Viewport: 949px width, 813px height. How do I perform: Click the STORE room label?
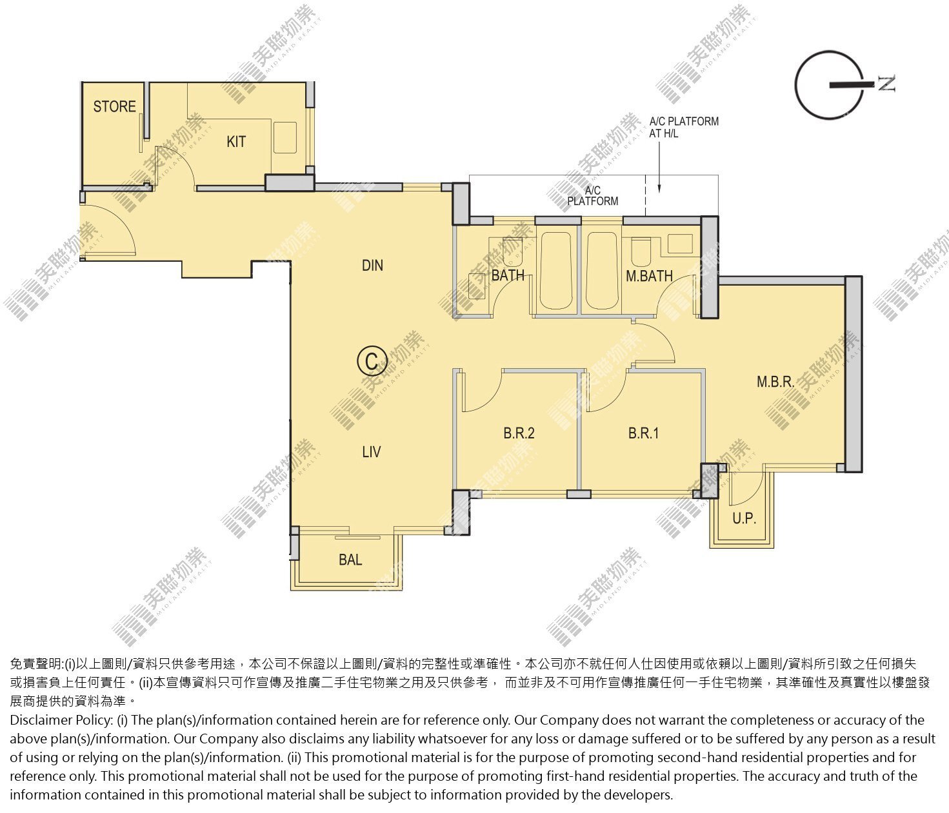114,106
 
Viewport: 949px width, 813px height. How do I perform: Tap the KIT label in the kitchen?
236,142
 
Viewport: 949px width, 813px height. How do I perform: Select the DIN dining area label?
372,265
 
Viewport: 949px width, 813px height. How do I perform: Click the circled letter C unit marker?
372,362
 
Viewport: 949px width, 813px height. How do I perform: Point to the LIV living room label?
372,452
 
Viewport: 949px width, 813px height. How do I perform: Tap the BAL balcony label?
350,560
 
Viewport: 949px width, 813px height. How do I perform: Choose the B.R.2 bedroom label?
519,433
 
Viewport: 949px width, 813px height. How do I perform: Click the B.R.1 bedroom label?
643,433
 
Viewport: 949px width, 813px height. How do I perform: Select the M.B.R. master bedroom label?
775,382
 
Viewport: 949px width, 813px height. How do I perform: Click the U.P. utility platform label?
744,518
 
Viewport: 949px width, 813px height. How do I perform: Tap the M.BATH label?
649,276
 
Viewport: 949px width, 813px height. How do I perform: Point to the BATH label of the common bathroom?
508,275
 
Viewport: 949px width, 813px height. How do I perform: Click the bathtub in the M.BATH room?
603,271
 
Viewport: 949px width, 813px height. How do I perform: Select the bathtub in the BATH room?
557,271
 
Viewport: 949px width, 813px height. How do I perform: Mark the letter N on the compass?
886,84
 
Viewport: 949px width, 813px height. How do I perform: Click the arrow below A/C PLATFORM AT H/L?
659,167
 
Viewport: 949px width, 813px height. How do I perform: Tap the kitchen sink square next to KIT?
285,137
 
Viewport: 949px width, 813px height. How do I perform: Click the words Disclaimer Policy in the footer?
61,720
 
